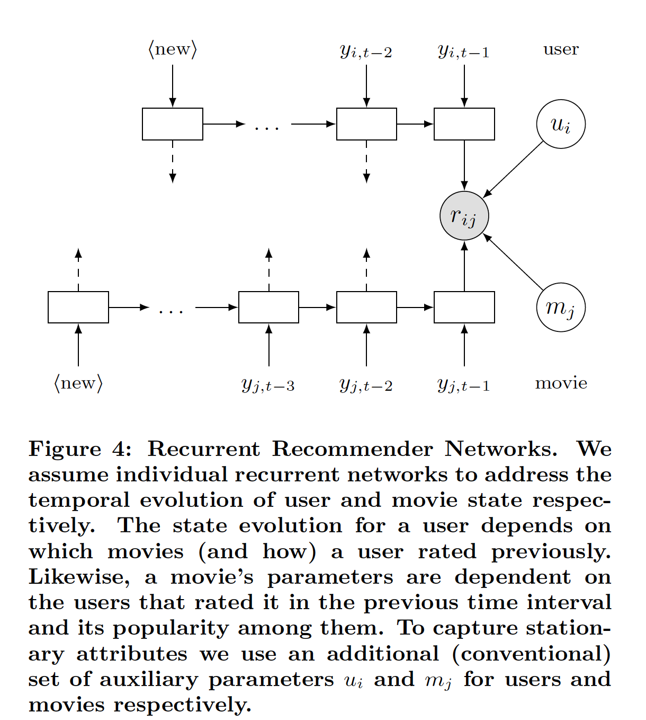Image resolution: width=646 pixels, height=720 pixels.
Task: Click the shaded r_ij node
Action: pos(464,216)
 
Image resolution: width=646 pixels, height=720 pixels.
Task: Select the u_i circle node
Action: pos(561,125)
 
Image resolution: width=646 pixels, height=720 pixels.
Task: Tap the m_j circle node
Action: pos(561,308)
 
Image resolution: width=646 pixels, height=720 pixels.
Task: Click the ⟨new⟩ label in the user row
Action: pos(173,49)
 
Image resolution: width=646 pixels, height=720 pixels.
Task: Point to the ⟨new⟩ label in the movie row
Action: pos(78,383)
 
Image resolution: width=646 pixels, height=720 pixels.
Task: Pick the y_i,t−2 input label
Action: pos(366,51)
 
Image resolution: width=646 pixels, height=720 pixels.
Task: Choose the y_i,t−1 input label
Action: pos(464,51)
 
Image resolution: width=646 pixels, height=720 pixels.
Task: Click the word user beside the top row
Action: pos(561,49)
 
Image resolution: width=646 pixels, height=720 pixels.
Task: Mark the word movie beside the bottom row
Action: pos(561,383)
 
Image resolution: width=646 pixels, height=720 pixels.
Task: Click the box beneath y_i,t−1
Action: pos(464,124)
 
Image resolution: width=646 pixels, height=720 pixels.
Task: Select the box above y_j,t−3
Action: pos(268,307)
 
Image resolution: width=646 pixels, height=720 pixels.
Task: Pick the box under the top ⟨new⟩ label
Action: pos(173,124)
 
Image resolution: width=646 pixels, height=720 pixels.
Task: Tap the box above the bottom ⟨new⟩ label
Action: pos(78,307)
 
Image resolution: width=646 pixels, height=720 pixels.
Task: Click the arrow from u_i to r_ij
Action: pos(514,170)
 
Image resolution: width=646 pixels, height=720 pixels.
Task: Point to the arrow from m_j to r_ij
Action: pos(514,262)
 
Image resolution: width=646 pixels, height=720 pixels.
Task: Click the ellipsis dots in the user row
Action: pos(266,128)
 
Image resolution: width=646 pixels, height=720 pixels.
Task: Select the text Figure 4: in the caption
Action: pos(80,449)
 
